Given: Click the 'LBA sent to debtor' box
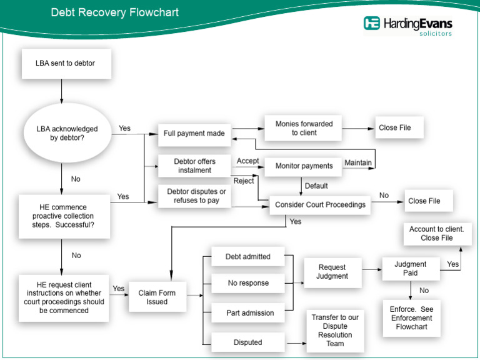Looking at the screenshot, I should pos(65,63).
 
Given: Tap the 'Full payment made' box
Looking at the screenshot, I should pos(195,133).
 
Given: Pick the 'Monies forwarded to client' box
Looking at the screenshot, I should pos(304,128).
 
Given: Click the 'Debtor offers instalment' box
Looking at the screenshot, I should pos(194,166).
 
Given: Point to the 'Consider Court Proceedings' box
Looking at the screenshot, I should pos(320,204).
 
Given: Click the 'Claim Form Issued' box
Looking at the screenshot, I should pos(157,297).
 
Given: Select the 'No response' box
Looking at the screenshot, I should pos(248,283).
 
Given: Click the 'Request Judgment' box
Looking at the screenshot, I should pos(332,272).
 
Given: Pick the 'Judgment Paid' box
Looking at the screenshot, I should pos(410,269).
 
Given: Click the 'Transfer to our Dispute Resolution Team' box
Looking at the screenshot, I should pos(335,330).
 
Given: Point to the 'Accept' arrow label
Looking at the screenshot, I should pos(247,161).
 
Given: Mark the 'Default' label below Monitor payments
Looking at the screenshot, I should pos(316,186).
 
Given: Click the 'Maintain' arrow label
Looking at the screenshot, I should pos(358,163).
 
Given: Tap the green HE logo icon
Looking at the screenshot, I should pos(372,24).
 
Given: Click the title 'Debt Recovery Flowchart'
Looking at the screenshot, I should pos(114,12).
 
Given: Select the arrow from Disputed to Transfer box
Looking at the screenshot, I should pos(295,342).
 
